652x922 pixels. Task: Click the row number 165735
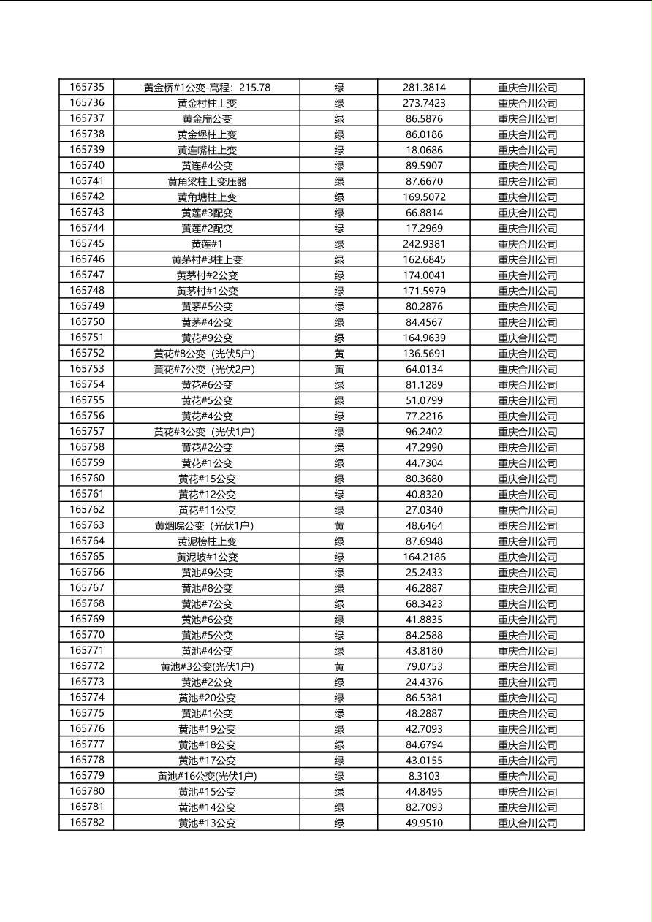pos(87,87)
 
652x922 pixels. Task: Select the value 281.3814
pos(424,88)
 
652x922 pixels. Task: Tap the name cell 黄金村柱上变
pos(207,103)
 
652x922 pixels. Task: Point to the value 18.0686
pos(424,150)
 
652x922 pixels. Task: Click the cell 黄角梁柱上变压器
pos(207,181)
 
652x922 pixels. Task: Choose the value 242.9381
pos(424,244)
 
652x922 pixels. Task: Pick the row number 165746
pos(87,259)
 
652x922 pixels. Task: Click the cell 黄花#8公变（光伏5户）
pos(207,354)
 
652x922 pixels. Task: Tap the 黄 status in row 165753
pos(339,369)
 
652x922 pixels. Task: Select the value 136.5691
pos(424,354)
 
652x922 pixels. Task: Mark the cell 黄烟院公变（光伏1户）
pos(207,526)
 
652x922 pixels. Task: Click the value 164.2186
pos(424,557)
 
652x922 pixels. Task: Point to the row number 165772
pos(87,666)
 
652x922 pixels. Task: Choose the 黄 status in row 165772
pos(339,666)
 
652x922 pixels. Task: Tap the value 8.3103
pos(424,776)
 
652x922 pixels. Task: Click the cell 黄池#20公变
pos(207,698)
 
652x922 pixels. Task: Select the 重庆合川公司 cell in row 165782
pos(527,823)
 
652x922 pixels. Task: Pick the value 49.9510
pos(424,823)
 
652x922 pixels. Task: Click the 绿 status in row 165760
pos(339,479)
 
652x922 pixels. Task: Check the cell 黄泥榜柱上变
pos(207,541)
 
